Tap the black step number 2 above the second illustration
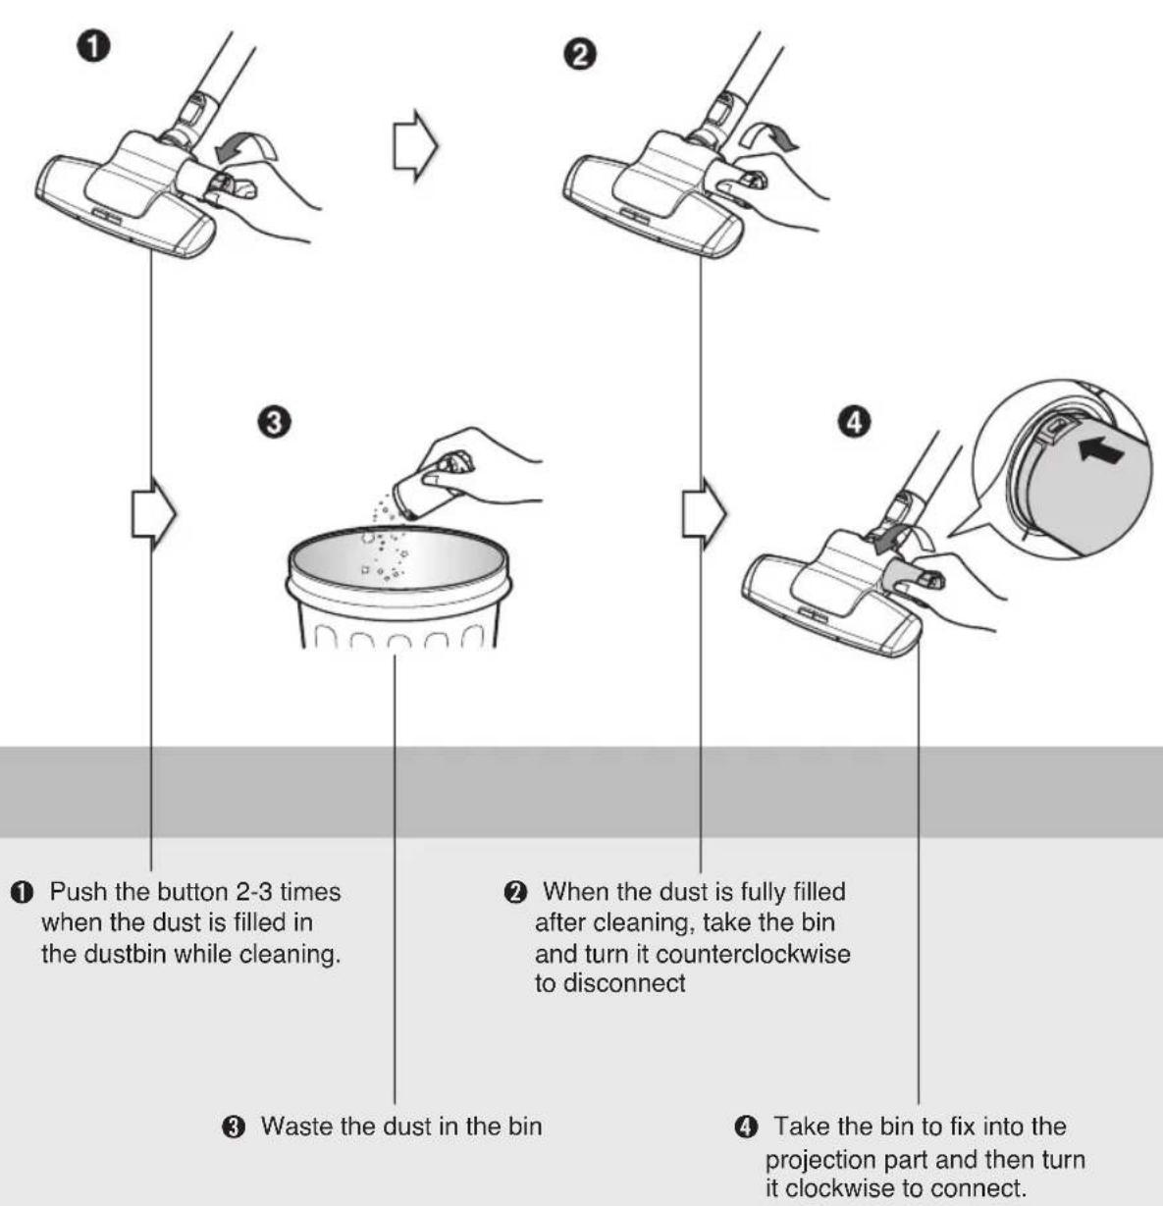click(x=580, y=56)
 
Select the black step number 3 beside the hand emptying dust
click(x=275, y=423)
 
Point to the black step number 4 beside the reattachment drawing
click(x=854, y=423)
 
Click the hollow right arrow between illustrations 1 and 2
click(x=415, y=146)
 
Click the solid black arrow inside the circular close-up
click(x=1101, y=451)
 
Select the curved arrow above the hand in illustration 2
click(x=768, y=137)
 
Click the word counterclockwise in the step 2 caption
click(x=753, y=953)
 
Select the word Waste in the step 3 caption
click(x=297, y=1127)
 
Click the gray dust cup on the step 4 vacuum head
click(x=905, y=573)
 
